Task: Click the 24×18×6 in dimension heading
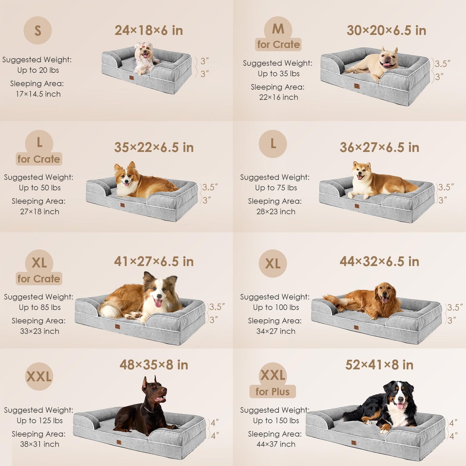click(x=149, y=31)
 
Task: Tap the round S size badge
click(x=38, y=31)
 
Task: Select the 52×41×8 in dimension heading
click(x=379, y=365)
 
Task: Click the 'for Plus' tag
click(x=273, y=392)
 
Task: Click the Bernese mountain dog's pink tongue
click(x=400, y=406)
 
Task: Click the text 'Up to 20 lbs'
click(x=38, y=70)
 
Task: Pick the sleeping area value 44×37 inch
click(x=276, y=444)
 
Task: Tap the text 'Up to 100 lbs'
click(x=276, y=307)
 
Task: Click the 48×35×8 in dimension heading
click(x=154, y=365)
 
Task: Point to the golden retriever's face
click(x=386, y=294)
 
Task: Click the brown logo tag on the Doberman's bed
click(x=119, y=442)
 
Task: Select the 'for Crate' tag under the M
click(x=279, y=45)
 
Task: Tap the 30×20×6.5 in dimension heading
click(x=386, y=31)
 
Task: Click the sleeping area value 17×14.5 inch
click(x=38, y=94)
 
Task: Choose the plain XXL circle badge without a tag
click(x=39, y=376)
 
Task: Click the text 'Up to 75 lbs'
click(x=276, y=188)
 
